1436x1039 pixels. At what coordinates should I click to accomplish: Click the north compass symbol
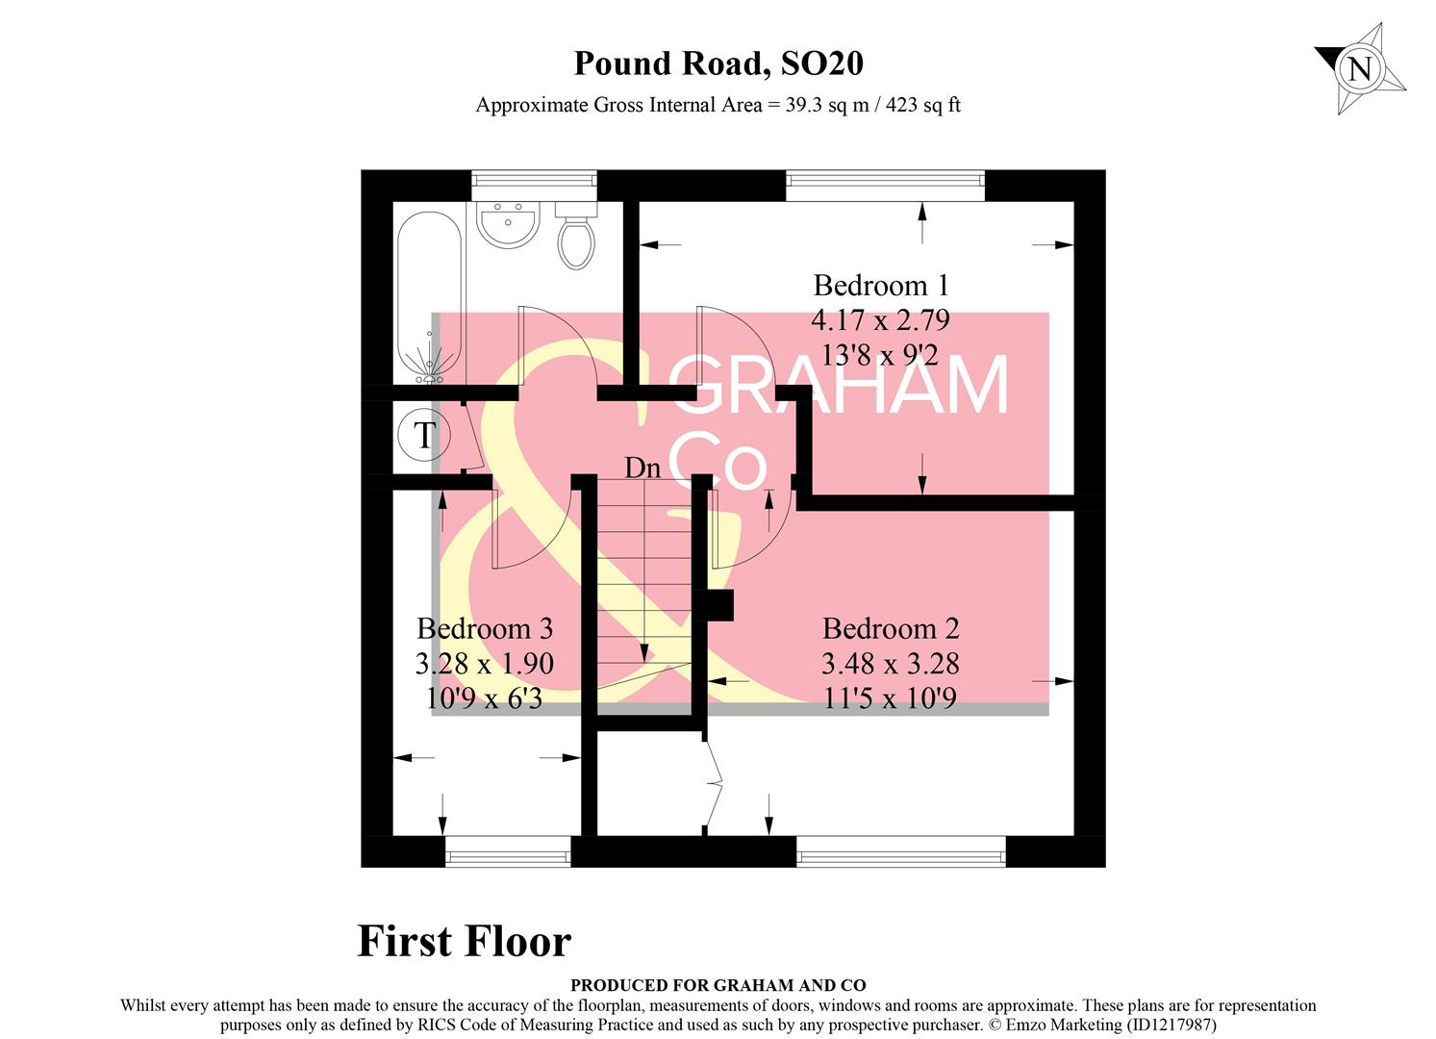[1360, 69]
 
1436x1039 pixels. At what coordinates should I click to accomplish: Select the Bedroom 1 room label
[880, 286]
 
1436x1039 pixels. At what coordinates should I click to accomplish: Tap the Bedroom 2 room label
[890, 629]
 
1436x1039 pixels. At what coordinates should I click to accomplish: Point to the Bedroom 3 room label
[484, 629]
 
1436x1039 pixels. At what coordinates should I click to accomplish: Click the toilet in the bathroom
[576, 238]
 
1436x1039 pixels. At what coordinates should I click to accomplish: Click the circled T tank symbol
[423, 435]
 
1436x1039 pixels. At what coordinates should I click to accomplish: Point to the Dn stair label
[642, 469]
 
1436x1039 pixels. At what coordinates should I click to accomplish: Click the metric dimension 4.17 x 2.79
[880, 319]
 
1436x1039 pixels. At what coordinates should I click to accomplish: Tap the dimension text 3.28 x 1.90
[484, 664]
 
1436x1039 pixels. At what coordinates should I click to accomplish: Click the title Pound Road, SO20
[718, 63]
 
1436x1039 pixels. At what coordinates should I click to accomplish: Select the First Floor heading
[464, 941]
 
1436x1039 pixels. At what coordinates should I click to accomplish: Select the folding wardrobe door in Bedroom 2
[712, 784]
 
